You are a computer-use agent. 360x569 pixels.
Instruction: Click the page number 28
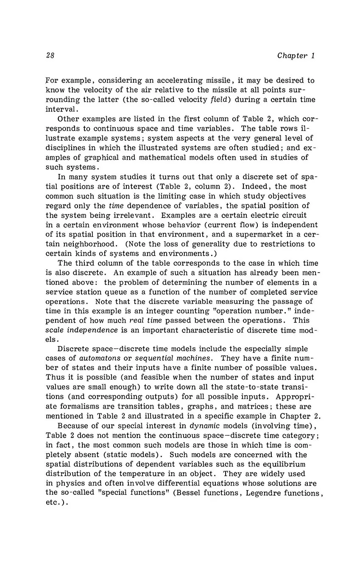[50, 56]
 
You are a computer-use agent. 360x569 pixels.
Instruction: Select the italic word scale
[55, 331]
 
